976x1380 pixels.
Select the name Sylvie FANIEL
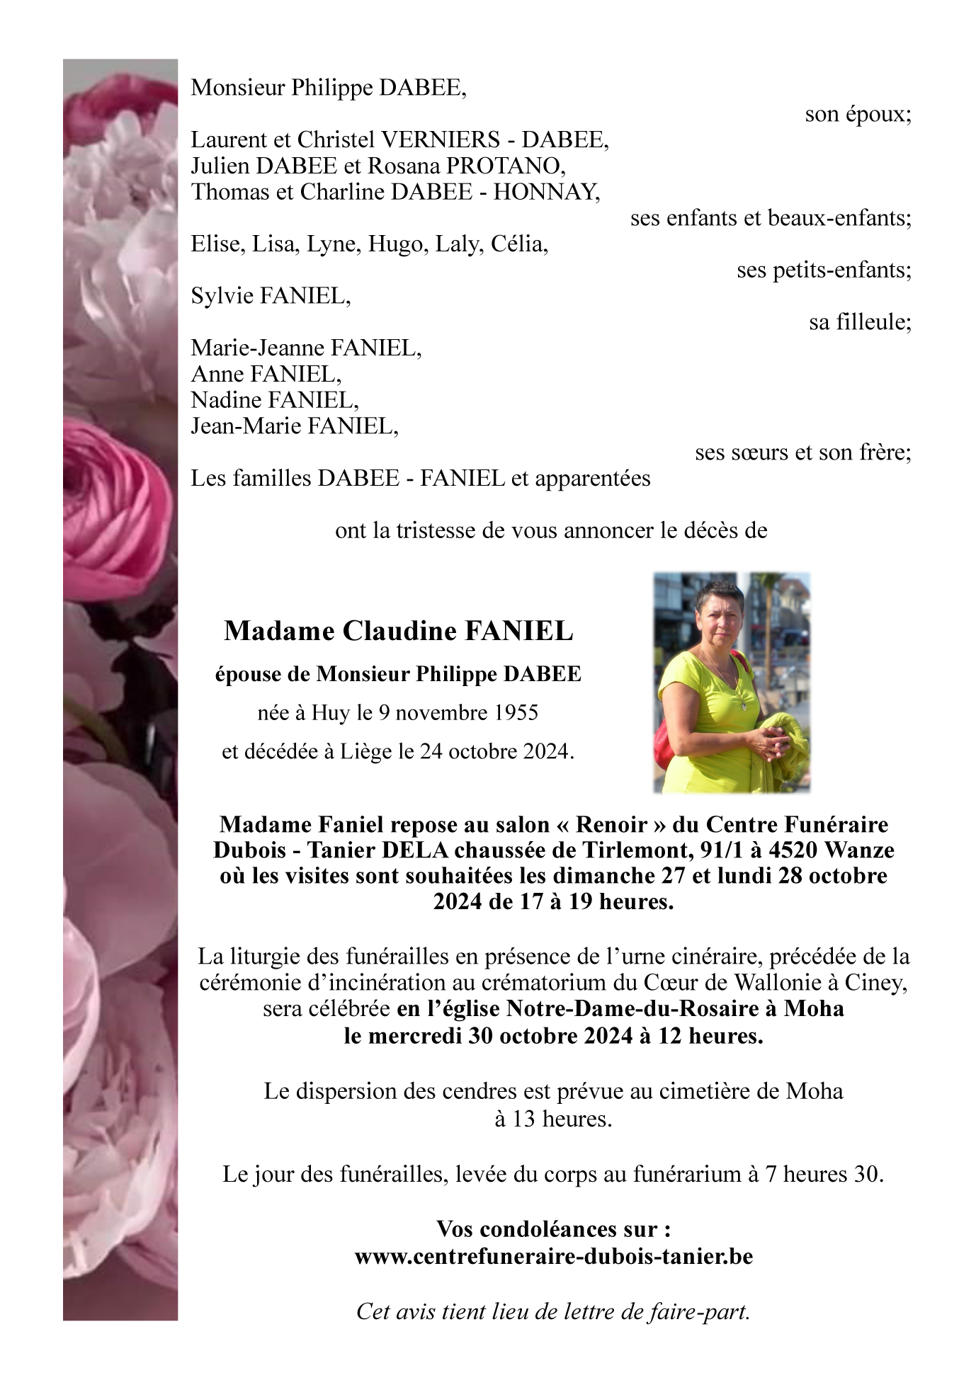(270, 296)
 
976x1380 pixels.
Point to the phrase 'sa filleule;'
(860, 323)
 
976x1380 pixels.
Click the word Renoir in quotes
(611, 825)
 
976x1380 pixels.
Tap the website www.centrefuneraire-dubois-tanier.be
(553, 1257)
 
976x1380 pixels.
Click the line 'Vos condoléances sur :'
(553, 1229)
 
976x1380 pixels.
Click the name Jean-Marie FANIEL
(294, 426)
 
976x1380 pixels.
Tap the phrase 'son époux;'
(858, 114)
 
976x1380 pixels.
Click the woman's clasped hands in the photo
(768, 743)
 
